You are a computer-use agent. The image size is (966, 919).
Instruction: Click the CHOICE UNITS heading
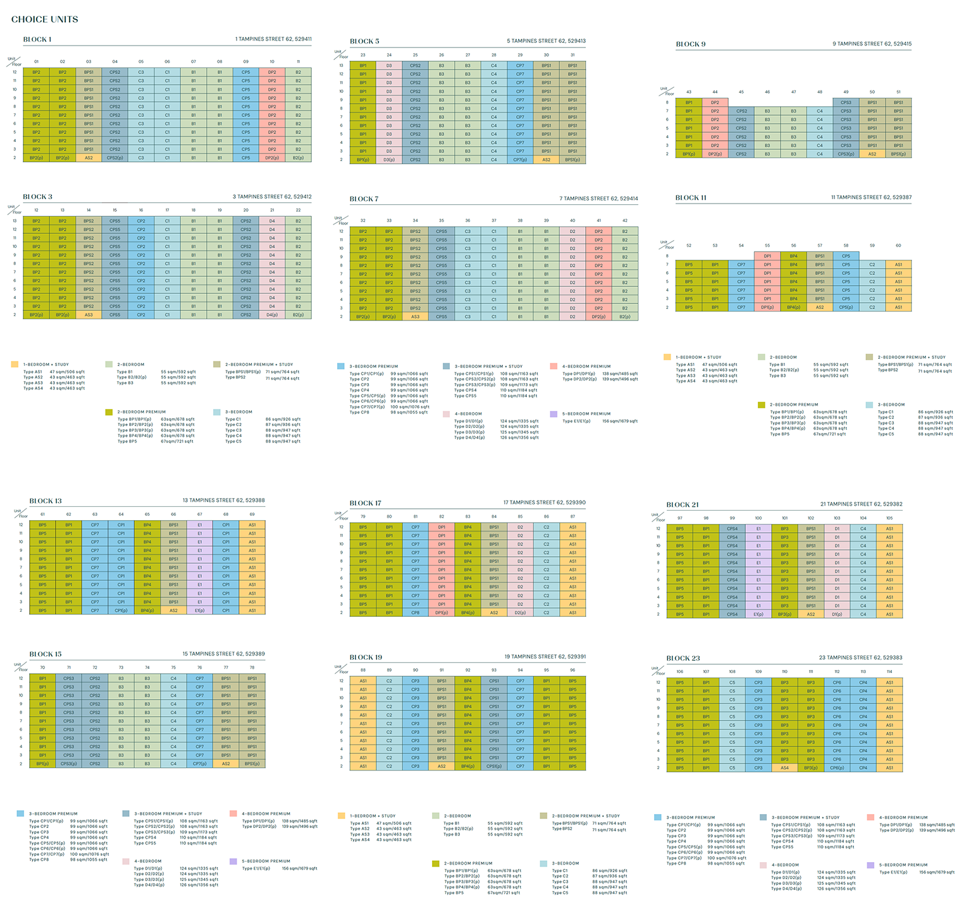[x=45, y=19]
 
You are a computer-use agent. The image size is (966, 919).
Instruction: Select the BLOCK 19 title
[x=366, y=657]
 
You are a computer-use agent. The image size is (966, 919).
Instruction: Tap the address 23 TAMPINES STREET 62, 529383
[x=861, y=657]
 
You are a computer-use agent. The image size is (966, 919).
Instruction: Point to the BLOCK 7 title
[x=364, y=199]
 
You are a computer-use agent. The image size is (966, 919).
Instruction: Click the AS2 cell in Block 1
[x=89, y=158]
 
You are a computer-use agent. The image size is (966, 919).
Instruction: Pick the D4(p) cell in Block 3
[x=272, y=315]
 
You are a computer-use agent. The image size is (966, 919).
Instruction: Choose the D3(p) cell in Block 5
[x=389, y=160]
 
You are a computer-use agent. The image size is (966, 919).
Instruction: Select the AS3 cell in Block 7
[x=415, y=317]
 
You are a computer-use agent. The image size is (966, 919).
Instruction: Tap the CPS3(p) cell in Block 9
[x=846, y=154]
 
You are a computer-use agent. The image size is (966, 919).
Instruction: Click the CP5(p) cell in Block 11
[x=846, y=307]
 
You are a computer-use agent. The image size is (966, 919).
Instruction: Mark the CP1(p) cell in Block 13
[x=121, y=611]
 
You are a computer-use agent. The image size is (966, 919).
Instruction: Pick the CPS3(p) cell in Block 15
[x=68, y=764]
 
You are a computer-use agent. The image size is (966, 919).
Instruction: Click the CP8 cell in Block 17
[x=415, y=612]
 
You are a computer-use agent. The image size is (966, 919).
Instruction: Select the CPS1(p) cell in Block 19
[x=494, y=766]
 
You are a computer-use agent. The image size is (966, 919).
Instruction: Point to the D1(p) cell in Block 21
[x=837, y=614]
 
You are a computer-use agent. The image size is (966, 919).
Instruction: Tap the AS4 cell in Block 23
[x=784, y=768]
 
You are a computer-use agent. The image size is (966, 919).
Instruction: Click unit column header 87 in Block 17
[x=573, y=516]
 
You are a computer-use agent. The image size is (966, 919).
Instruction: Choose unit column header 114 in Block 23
[x=889, y=672]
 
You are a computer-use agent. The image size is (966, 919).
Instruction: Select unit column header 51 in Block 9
[x=898, y=92]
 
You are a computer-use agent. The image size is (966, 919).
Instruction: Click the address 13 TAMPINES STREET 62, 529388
[x=224, y=501]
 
